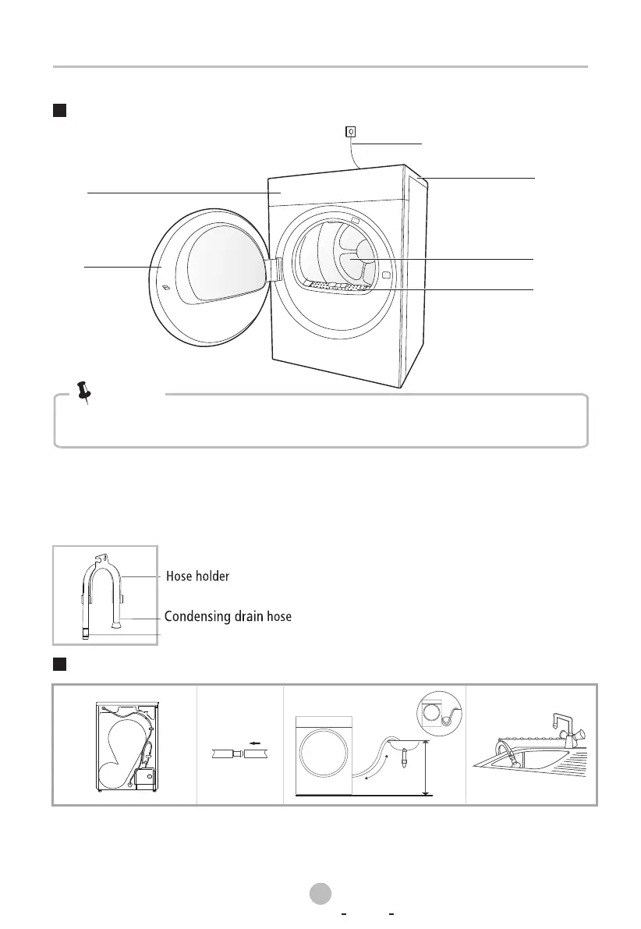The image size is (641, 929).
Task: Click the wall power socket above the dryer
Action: (351, 132)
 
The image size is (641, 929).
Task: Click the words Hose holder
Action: (199, 576)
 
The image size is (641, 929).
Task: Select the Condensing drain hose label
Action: (228, 617)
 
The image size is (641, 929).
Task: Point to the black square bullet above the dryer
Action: (58, 110)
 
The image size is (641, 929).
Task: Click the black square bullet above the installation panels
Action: (58, 664)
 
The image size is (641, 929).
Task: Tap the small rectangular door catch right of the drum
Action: (386, 275)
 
